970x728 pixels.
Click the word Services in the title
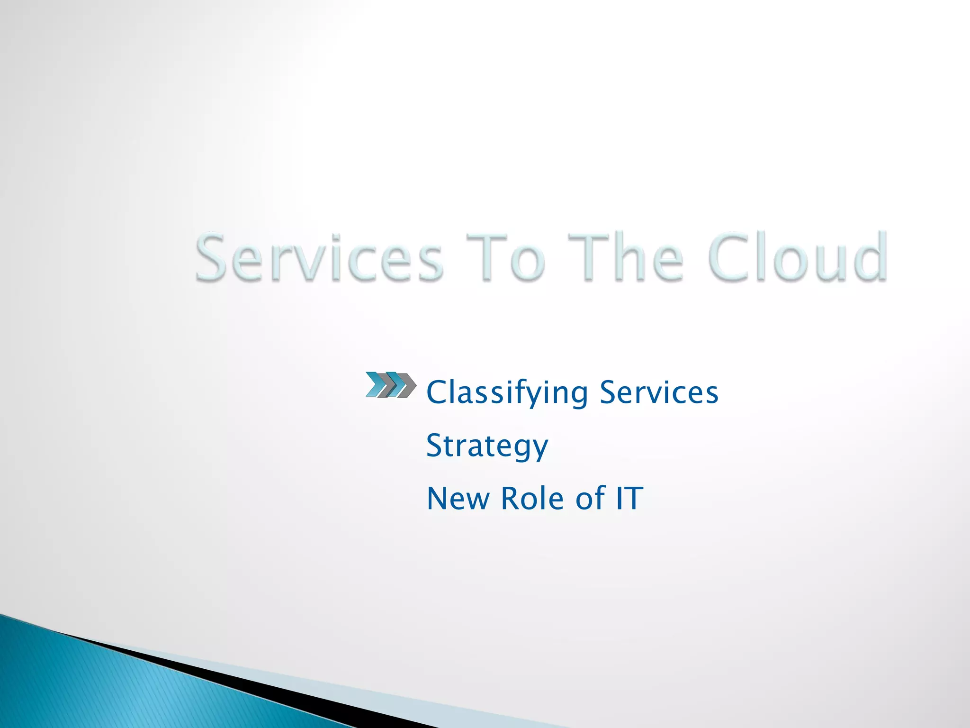click(319, 258)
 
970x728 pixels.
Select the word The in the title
click(626, 258)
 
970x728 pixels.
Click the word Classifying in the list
click(507, 393)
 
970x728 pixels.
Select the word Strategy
click(487, 446)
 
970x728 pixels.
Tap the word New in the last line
click(458, 499)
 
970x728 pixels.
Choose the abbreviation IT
click(629, 499)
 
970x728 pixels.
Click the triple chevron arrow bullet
click(391, 384)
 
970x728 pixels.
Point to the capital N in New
click(438, 499)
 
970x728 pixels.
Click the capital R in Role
click(511, 499)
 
